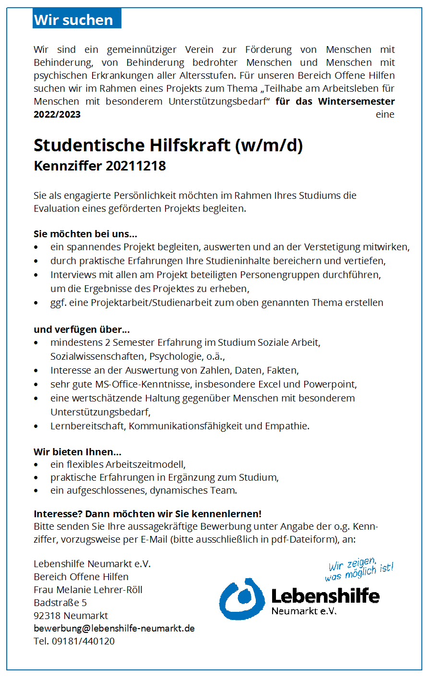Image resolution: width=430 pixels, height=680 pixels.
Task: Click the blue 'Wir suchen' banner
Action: coord(77,20)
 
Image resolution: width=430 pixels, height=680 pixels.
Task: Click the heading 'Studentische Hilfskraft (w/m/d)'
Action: coord(168,145)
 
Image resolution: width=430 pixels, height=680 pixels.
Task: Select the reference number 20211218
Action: coord(136,166)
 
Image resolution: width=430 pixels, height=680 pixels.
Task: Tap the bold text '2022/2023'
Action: coord(57,114)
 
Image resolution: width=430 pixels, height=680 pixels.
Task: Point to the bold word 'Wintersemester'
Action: coord(356,101)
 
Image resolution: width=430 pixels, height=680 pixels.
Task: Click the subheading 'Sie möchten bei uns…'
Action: coord(85,234)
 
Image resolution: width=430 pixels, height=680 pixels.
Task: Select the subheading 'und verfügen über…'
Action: coord(82,330)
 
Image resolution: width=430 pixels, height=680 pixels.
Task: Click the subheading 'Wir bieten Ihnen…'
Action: coord(77,452)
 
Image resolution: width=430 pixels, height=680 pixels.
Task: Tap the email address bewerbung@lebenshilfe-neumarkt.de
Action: coord(114,628)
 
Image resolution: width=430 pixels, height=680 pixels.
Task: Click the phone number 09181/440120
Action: coord(83,641)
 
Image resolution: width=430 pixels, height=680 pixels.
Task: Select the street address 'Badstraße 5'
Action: coord(60,602)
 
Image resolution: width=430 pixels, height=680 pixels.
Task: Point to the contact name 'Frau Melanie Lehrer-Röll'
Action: coord(88,589)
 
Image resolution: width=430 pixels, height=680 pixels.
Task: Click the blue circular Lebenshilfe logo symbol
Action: coord(242,598)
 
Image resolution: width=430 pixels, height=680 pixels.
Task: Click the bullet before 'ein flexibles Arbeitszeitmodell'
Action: coord(36,465)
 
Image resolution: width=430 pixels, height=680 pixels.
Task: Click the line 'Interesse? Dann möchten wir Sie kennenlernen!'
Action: coord(147,514)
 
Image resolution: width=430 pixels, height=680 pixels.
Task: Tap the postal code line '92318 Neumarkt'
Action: coord(71,615)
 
